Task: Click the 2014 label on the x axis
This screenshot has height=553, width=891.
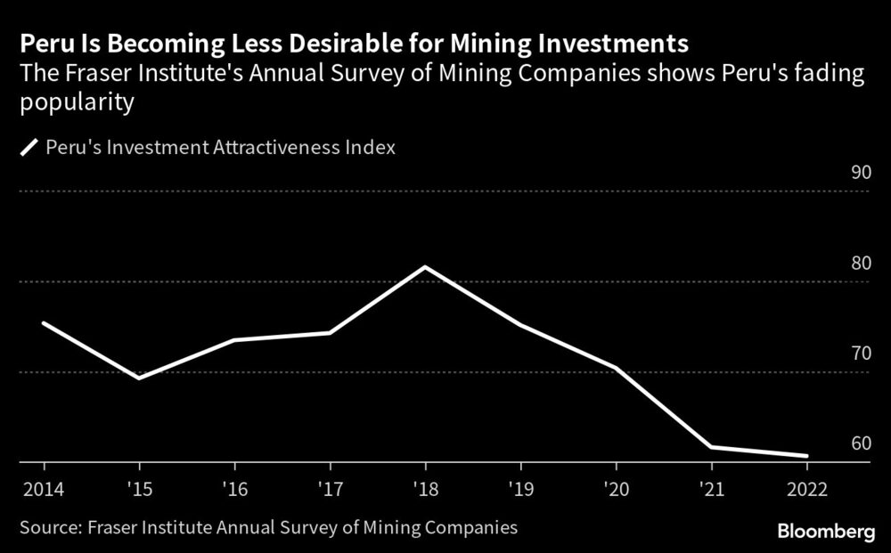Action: [x=44, y=489]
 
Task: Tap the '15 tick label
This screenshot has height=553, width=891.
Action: [x=139, y=489]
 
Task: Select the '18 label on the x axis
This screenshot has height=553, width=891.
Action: [x=425, y=489]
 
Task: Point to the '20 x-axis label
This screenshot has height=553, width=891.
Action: [x=616, y=489]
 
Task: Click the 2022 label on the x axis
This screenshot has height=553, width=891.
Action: [x=806, y=489]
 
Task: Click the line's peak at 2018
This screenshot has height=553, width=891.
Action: [x=425, y=267]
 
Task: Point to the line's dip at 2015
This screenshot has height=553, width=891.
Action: [x=139, y=378]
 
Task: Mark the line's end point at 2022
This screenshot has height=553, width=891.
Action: [x=806, y=456]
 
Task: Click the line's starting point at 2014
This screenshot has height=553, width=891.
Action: [x=44, y=322]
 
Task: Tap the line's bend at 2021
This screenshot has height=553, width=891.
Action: [x=711, y=446]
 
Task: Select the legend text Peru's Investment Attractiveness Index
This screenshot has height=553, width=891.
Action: [x=220, y=147]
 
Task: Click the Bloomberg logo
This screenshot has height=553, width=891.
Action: [x=826, y=531]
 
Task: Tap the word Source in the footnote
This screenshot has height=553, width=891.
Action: [x=49, y=527]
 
